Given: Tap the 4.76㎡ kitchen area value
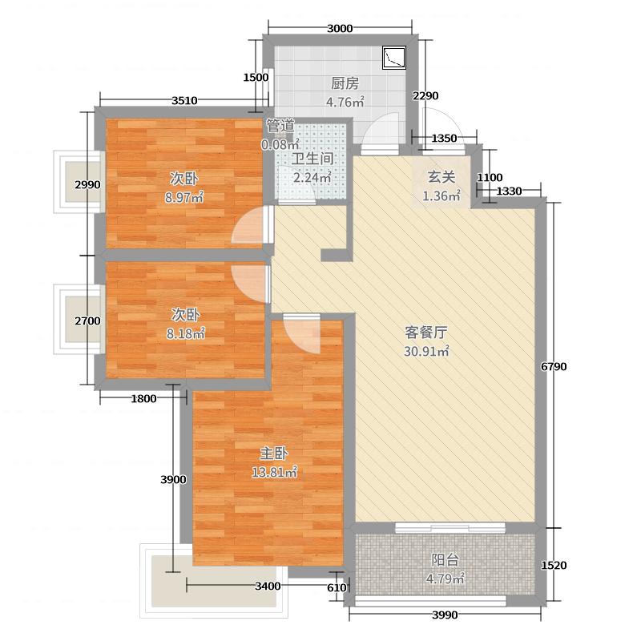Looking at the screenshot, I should coord(345,102).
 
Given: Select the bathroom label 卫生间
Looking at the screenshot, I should coord(312,159).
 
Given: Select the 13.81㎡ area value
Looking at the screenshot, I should coord(275,473).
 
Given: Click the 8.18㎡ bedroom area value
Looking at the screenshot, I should coord(184,333).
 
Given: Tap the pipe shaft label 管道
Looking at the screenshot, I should coord(280,126).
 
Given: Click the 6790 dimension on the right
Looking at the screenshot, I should coord(554,367).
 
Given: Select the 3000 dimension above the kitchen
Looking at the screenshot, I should coord(340,30).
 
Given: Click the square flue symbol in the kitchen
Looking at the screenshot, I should coord(394,57).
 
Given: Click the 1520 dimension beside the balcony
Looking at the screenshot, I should coord(554,566).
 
